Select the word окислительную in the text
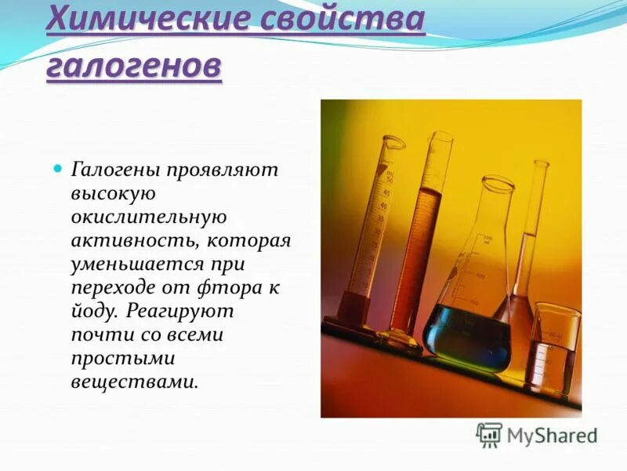pos(149,217)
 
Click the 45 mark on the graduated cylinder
pos(386,192)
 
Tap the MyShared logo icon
pos(489,434)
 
